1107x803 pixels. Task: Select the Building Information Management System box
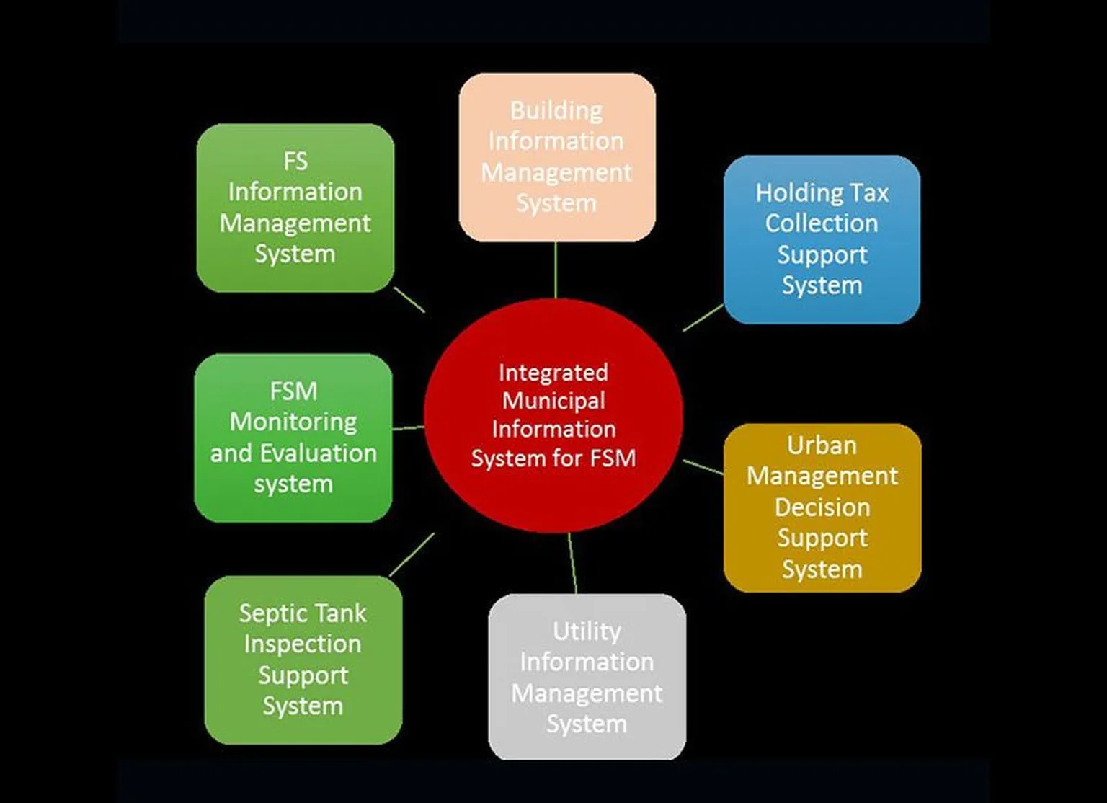click(557, 157)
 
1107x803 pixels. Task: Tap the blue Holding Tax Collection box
click(822, 239)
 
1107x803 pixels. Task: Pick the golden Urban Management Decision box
click(822, 507)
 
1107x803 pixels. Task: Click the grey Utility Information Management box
click(587, 677)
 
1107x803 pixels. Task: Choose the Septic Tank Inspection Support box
click(303, 660)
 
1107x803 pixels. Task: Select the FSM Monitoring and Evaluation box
click(293, 438)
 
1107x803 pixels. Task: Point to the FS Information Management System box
click(295, 208)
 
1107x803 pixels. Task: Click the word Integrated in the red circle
click(553, 373)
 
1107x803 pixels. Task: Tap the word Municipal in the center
click(553, 401)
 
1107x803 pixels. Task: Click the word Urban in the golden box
click(822, 445)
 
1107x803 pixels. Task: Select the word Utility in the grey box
click(587, 631)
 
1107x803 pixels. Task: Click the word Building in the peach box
click(556, 111)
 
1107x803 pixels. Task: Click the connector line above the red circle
click(556, 270)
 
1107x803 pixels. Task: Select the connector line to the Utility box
click(572, 563)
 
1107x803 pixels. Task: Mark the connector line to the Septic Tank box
click(412, 554)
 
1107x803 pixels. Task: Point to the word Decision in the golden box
click(822, 507)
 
